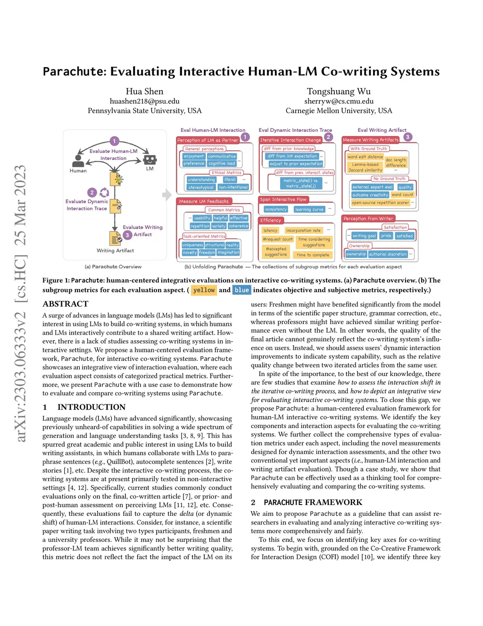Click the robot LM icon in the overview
[x=150, y=160]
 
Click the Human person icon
[x=78, y=161]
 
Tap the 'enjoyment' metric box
[x=194, y=156]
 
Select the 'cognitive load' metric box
[x=222, y=163]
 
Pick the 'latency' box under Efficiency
[x=271, y=231]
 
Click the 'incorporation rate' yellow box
[x=303, y=231]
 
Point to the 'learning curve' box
[x=309, y=209]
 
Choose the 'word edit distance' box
[x=365, y=157]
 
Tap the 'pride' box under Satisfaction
[x=386, y=236]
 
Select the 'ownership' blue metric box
[x=356, y=254]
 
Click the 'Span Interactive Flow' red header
[x=283, y=199]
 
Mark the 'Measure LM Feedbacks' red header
[x=204, y=201]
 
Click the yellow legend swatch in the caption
[x=204, y=290]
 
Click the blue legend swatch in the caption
[x=241, y=290]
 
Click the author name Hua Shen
[x=144, y=91]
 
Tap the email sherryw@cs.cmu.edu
[x=339, y=101]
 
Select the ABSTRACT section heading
[x=66, y=304]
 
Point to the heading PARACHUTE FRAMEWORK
[x=313, y=502]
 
